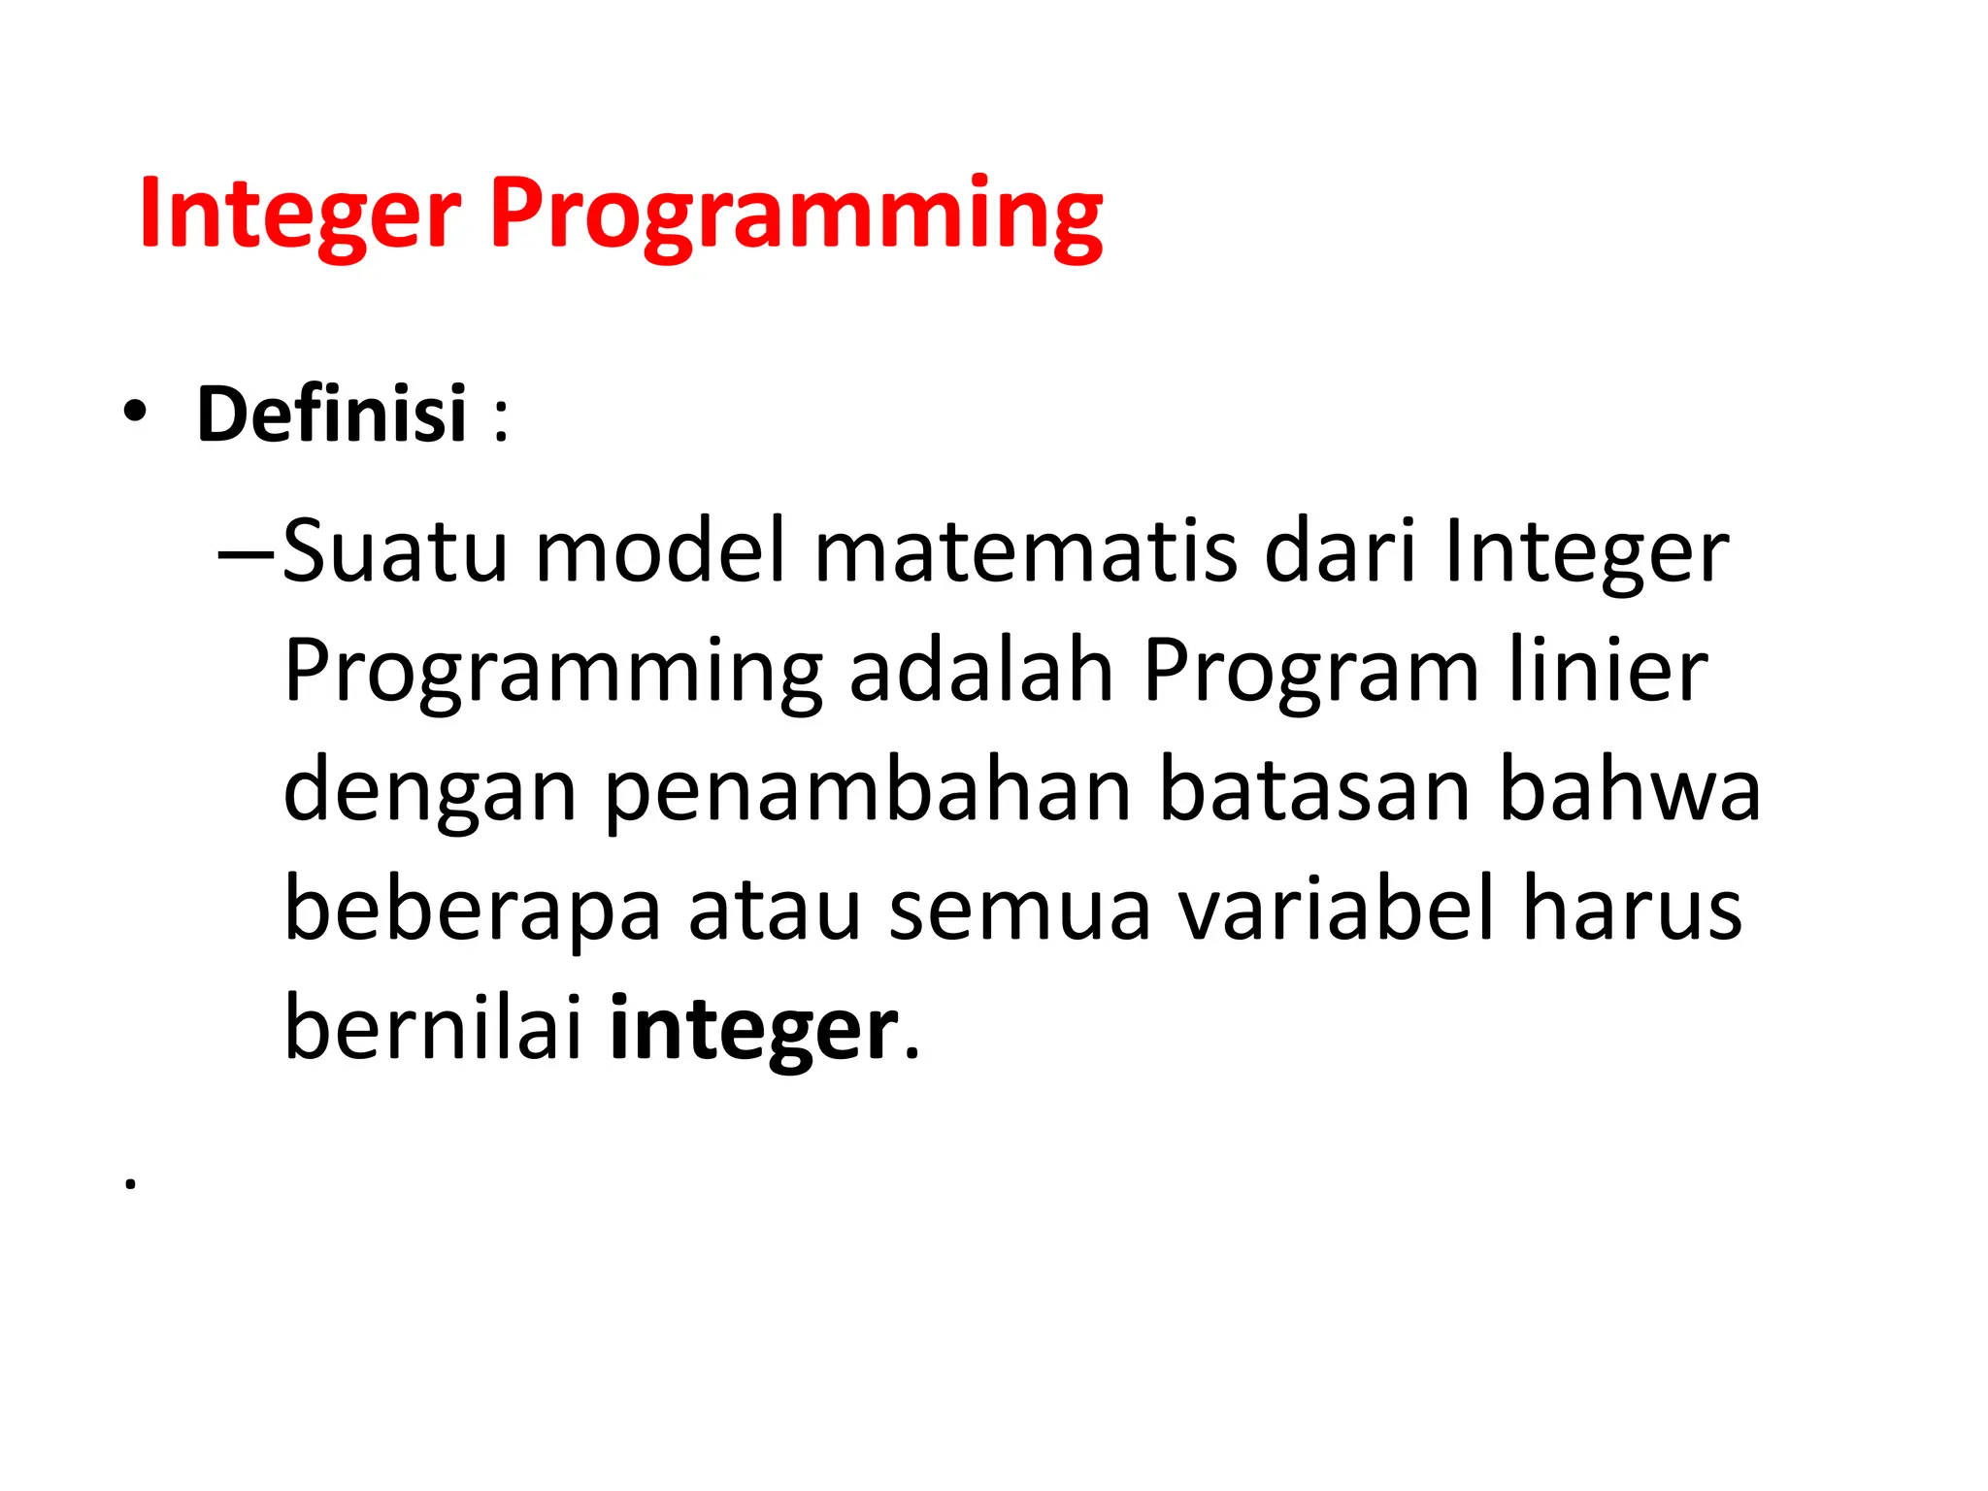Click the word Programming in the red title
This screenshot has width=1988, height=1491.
point(796,218)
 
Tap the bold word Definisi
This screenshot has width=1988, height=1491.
point(332,414)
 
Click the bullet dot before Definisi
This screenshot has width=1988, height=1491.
point(135,413)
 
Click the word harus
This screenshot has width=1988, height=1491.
point(1633,910)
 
